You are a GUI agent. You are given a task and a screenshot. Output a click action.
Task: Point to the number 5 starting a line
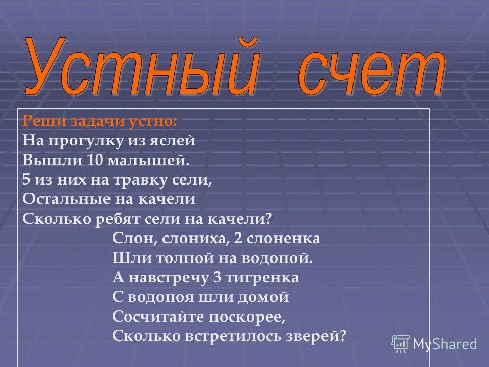click(26, 180)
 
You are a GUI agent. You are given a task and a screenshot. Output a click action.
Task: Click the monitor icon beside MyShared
click(400, 344)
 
